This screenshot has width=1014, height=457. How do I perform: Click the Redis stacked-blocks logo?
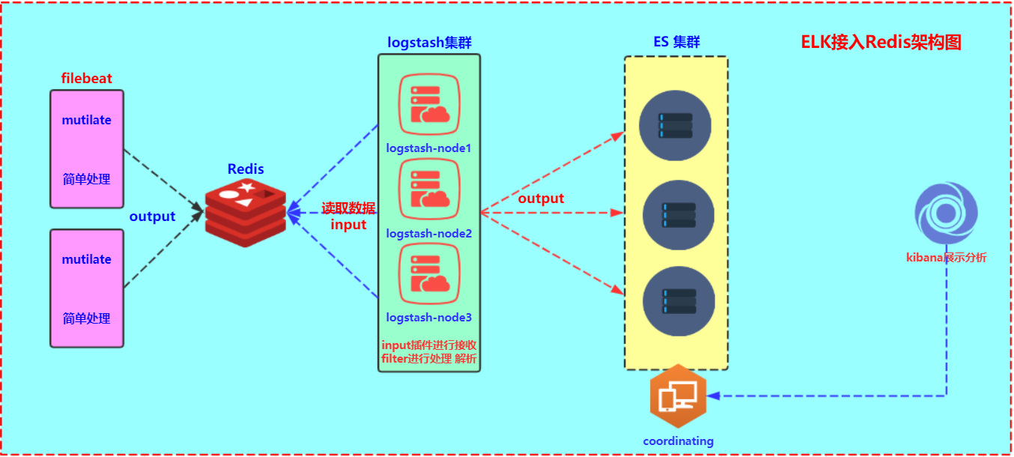pyautogui.click(x=246, y=213)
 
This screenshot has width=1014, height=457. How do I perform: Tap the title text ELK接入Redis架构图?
pyautogui.click(x=881, y=43)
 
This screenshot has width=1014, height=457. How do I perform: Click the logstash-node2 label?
pyautogui.click(x=429, y=234)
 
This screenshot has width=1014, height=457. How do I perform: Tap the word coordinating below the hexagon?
pyautogui.click(x=678, y=441)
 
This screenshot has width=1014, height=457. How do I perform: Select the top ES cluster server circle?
pyautogui.click(x=675, y=125)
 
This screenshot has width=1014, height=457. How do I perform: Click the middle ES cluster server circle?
pyautogui.click(x=678, y=215)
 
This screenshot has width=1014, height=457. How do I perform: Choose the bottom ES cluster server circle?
pyautogui.click(x=678, y=300)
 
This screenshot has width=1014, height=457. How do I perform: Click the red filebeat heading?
pyautogui.click(x=87, y=79)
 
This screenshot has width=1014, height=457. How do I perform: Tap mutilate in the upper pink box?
pyautogui.click(x=87, y=120)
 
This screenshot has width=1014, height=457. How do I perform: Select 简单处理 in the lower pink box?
pyautogui.click(x=87, y=318)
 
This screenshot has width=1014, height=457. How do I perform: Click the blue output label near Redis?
pyautogui.click(x=152, y=217)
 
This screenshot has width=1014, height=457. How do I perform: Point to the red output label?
pyautogui.click(x=541, y=199)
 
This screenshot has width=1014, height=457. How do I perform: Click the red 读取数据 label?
pyautogui.click(x=348, y=208)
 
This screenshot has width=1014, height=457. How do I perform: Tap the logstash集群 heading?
pyautogui.click(x=429, y=43)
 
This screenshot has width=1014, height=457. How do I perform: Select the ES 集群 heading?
pyautogui.click(x=676, y=43)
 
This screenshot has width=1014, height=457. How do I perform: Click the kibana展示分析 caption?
pyautogui.click(x=946, y=258)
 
